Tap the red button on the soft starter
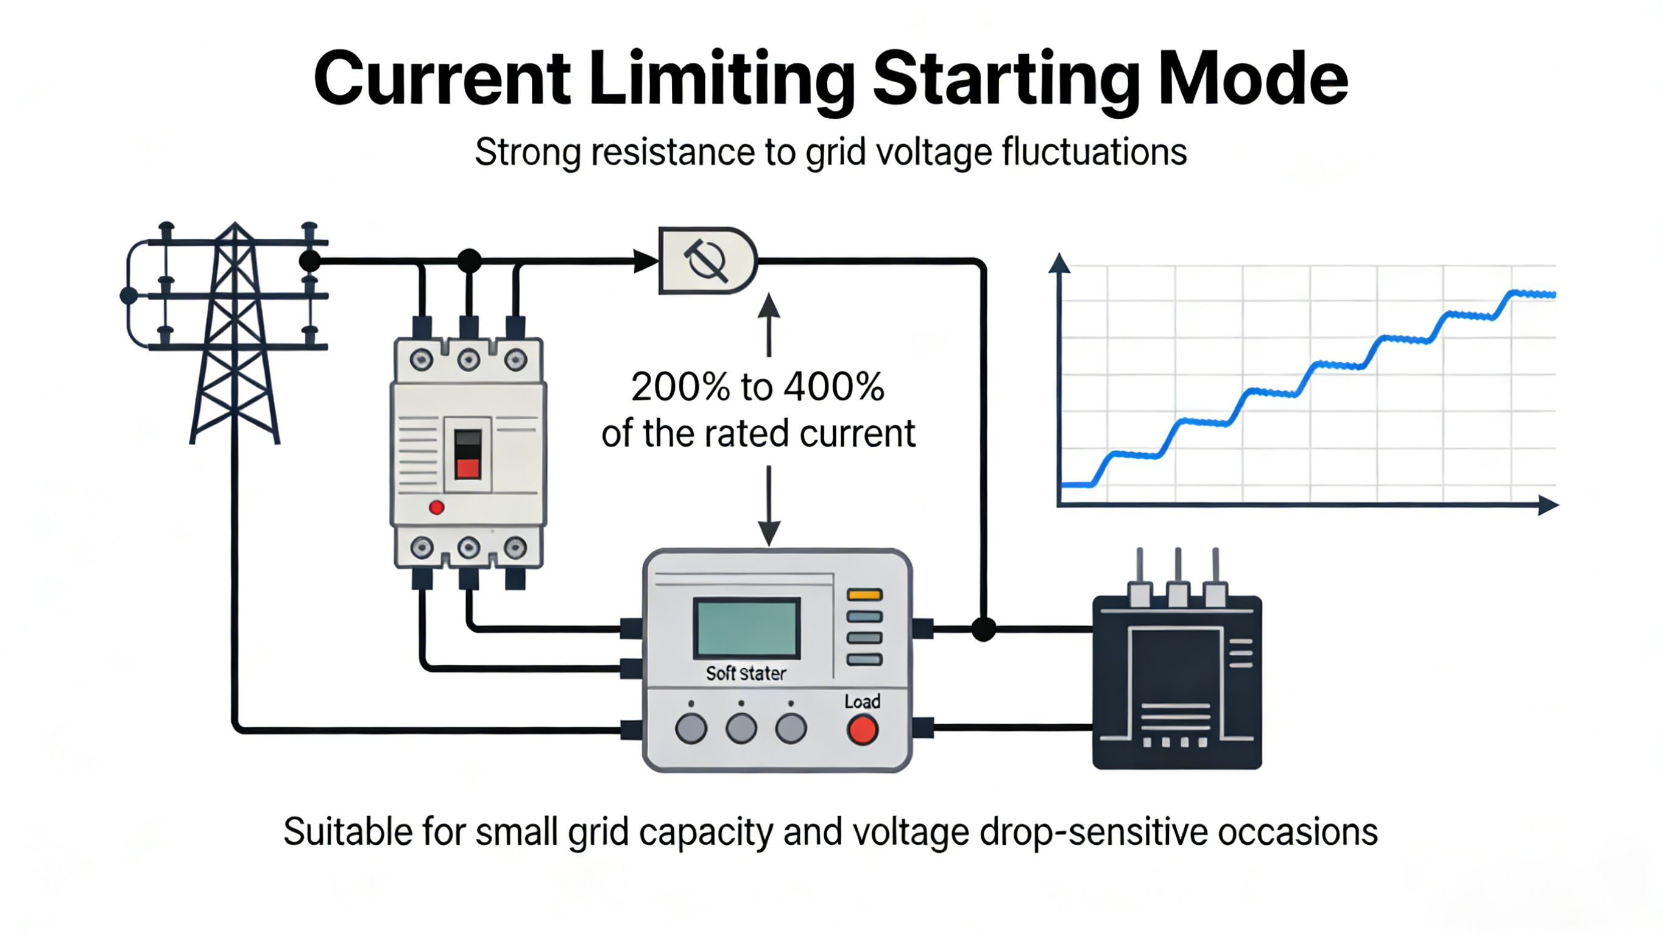(x=863, y=730)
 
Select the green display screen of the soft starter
(x=747, y=628)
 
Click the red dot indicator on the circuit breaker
(x=436, y=507)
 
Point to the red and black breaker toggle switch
(x=468, y=454)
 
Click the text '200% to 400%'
(x=757, y=387)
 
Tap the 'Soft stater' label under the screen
(x=746, y=674)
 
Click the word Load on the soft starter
(x=863, y=701)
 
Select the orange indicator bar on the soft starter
(x=864, y=595)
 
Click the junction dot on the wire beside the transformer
(x=983, y=628)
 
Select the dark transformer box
(x=1177, y=681)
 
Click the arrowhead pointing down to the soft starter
(x=769, y=534)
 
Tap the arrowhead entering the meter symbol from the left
(x=645, y=261)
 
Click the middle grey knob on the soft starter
(x=741, y=729)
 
